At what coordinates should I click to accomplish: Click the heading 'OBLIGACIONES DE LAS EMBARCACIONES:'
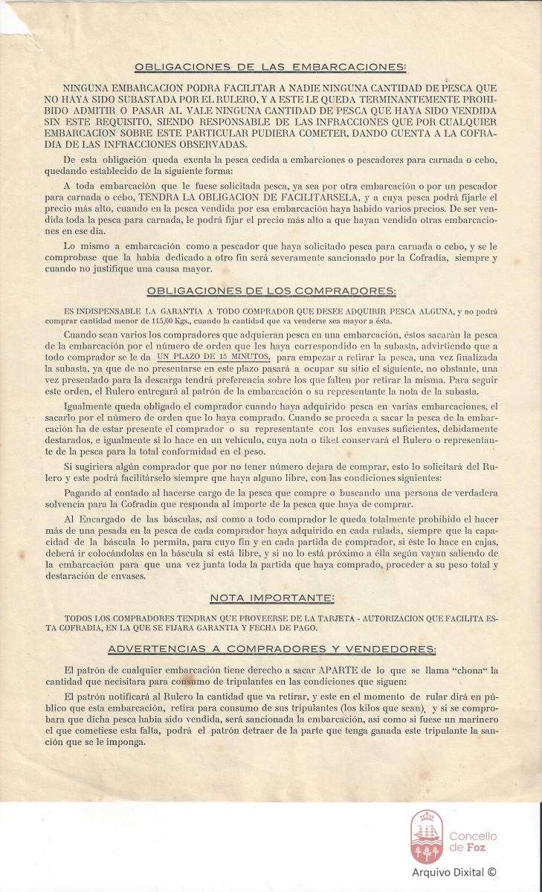[271, 67]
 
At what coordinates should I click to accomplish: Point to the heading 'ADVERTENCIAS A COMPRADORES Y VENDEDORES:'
[271, 649]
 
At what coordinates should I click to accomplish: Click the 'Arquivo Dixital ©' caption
[454, 873]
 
